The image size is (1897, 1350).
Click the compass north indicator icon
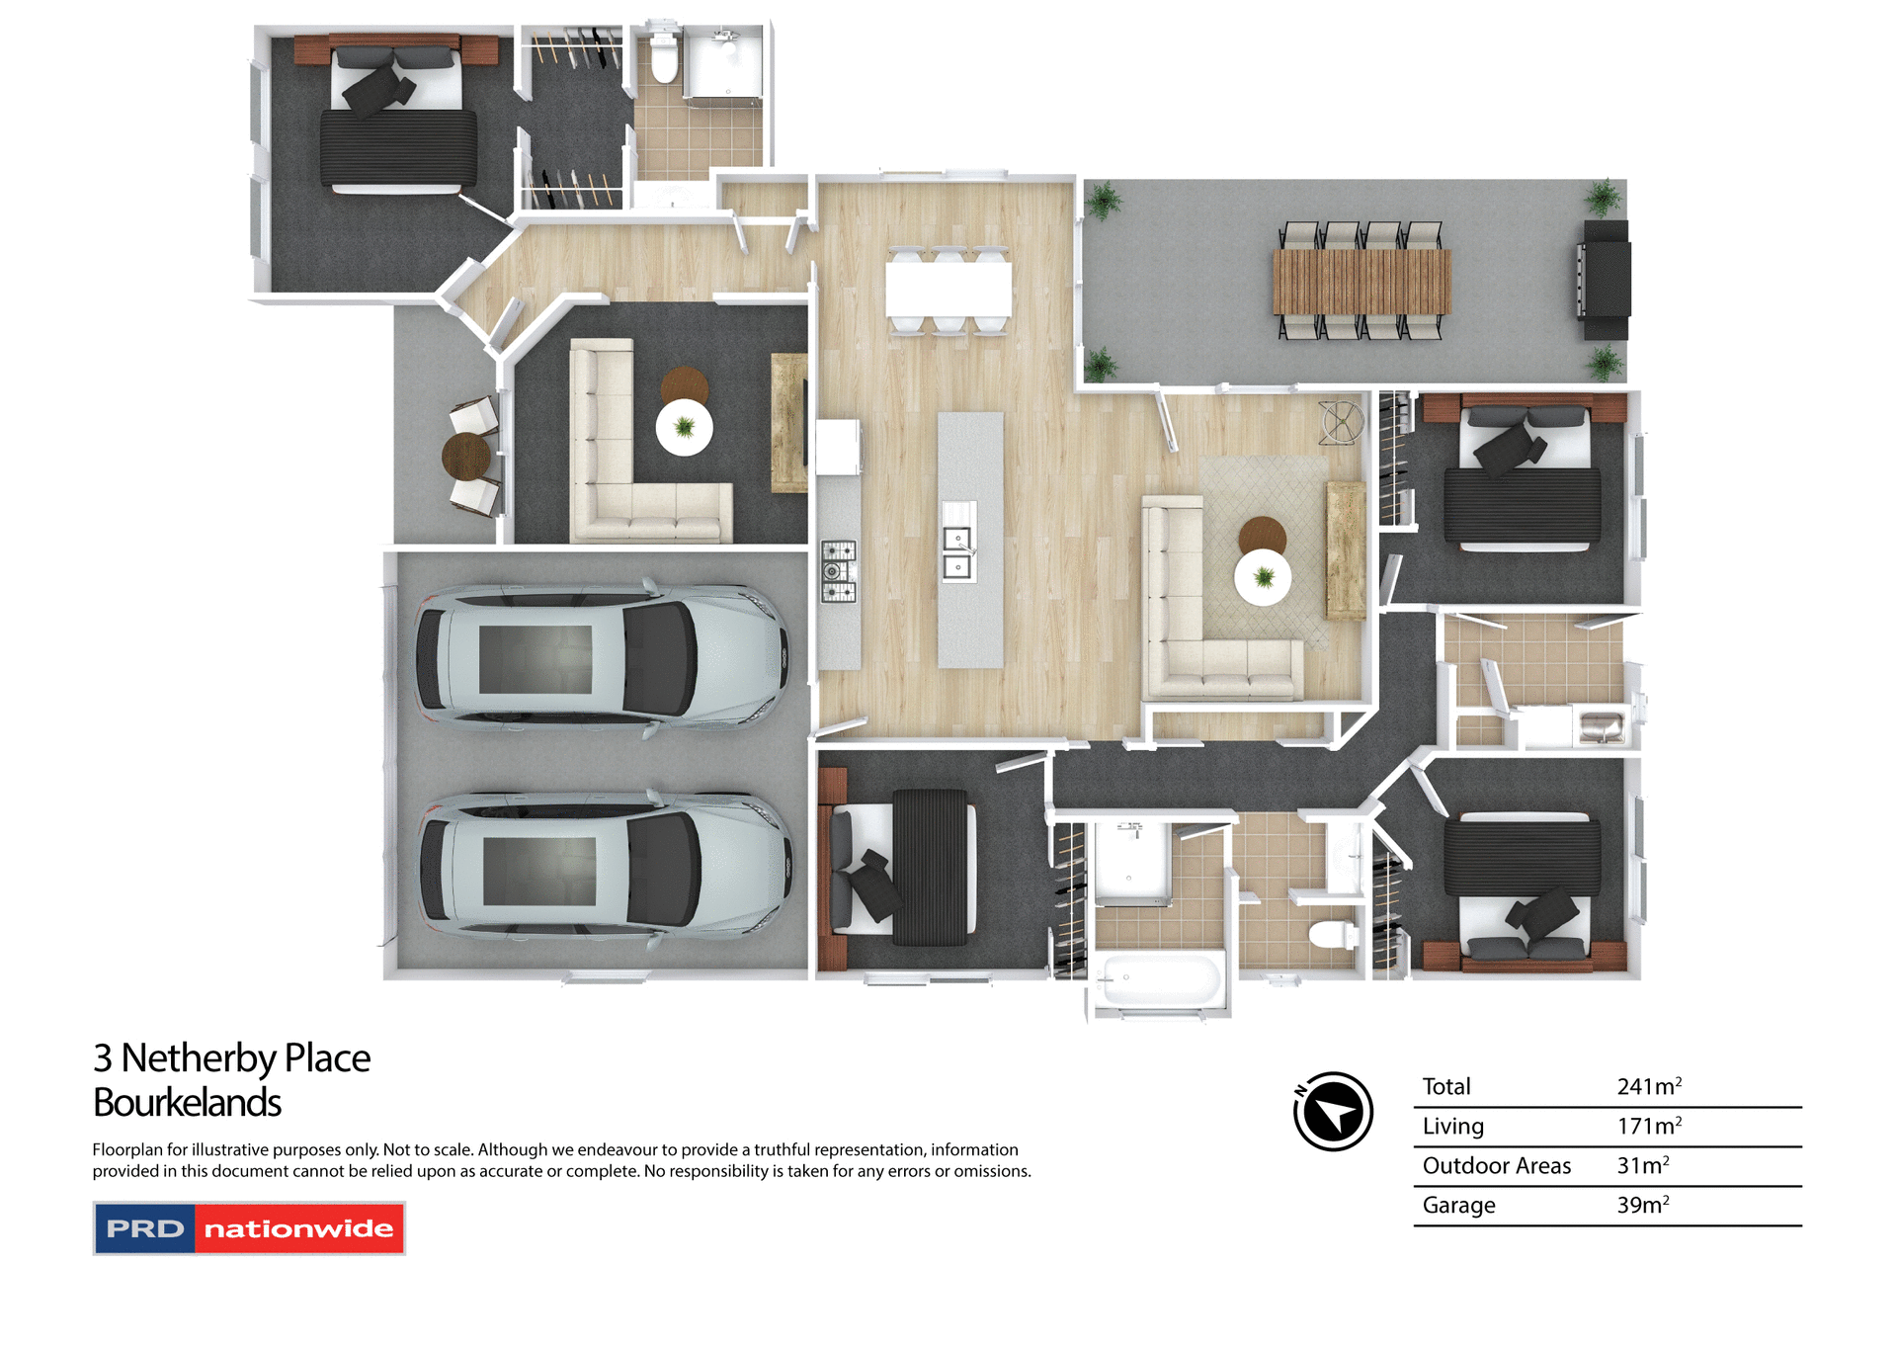(1333, 1111)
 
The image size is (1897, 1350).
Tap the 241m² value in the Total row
(1648, 1086)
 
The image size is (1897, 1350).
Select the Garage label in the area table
(1458, 1205)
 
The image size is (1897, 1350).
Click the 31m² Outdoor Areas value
(1642, 1165)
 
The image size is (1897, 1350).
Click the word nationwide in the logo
(298, 1228)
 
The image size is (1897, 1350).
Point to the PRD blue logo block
(145, 1228)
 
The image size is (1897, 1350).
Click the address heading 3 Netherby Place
(231, 1057)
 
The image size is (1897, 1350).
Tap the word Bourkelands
(187, 1102)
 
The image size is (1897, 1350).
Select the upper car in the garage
(601, 657)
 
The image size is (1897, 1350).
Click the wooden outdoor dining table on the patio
(1361, 282)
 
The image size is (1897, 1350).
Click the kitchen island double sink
(957, 552)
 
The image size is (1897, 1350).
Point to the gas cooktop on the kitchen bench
(839, 571)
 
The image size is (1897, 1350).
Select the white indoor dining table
(948, 288)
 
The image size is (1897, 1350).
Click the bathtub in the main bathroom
(1159, 980)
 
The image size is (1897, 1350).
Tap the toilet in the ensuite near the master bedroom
(664, 59)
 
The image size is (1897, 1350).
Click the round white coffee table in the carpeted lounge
(684, 427)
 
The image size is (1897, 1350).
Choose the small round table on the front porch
(465, 456)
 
